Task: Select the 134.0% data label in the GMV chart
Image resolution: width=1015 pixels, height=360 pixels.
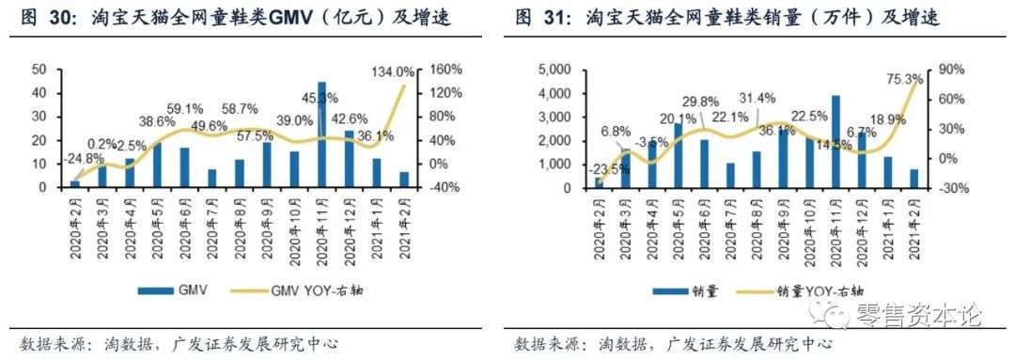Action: (392, 71)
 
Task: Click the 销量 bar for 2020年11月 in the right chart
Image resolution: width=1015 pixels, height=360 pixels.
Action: (835, 142)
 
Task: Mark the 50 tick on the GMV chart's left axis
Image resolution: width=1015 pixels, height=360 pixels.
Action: (39, 69)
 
